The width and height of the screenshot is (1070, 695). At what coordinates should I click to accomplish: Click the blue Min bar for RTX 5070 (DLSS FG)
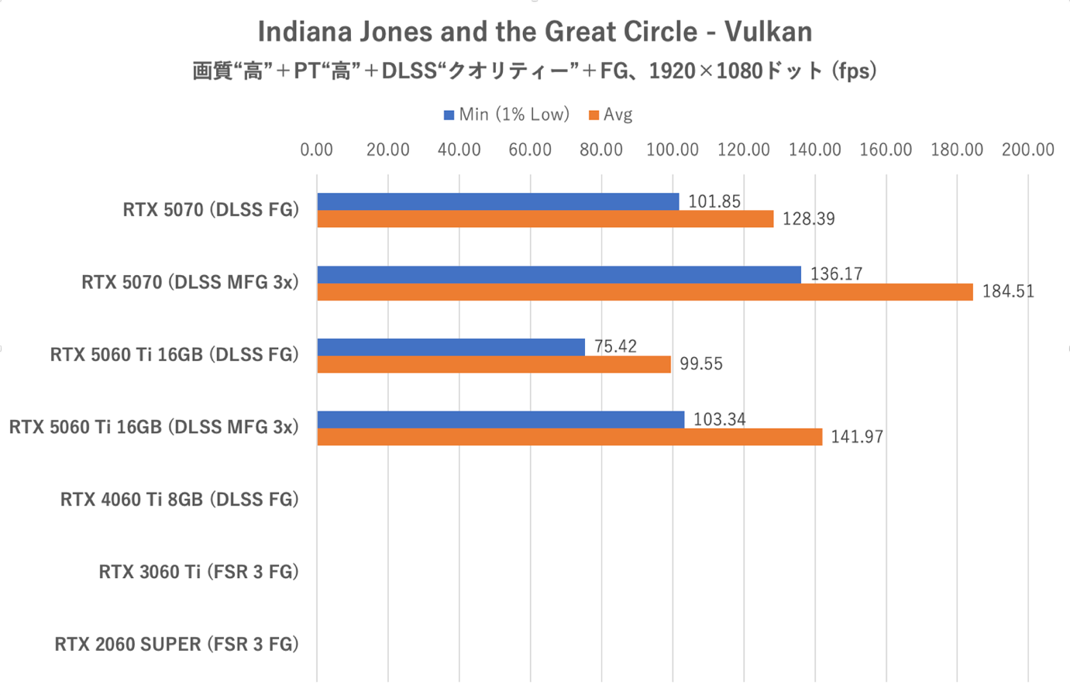click(x=497, y=201)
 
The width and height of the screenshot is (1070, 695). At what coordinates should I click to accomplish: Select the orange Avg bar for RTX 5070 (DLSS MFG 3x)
click(x=645, y=292)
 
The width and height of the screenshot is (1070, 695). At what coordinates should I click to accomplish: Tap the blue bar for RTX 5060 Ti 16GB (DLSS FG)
click(x=451, y=347)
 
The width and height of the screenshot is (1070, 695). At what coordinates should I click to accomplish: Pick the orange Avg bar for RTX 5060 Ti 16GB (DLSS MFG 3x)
click(x=569, y=437)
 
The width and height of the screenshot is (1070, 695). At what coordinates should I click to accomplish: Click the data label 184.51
click(x=1008, y=292)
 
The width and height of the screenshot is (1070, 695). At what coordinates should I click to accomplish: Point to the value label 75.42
click(x=615, y=346)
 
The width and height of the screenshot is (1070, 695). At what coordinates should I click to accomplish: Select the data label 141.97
click(x=857, y=437)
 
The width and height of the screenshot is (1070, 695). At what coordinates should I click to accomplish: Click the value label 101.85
click(x=714, y=201)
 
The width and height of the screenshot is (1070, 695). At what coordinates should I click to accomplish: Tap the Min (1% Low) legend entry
click(x=507, y=115)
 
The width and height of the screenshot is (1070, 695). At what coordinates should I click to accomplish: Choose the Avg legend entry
click(x=611, y=115)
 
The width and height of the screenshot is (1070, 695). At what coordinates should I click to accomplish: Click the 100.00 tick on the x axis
click(x=673, y=150)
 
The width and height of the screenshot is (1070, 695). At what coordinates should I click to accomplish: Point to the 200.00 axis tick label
click(x=1027, y=150)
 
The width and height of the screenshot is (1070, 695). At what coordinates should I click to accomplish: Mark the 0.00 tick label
click(x=317, y=150)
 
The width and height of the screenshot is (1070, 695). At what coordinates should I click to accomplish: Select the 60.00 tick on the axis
click(x=530, y=150)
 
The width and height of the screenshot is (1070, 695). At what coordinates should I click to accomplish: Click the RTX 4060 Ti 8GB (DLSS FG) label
click(x=179, y=500)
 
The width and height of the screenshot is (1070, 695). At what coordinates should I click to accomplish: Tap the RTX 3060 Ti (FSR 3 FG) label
click(x=198, y=572)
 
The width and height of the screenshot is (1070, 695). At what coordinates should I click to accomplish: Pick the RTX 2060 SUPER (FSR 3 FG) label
click(x=177, y=645)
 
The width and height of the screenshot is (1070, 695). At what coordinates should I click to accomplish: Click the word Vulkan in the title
click(x=768, y=32)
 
